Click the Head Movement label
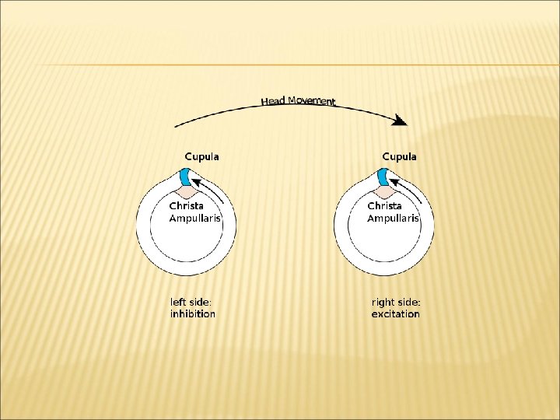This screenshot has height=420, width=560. (x=299, y=100)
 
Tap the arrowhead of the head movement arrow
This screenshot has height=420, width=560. (x=401, y=121)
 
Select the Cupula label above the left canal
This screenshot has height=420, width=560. (x=201, y=156)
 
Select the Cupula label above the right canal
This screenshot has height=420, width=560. (x=399, y=156)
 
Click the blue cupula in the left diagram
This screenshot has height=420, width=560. (x=187, y=177)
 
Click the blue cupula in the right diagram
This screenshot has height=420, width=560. (x=384, y=177)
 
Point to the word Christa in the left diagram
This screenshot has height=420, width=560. (x=187, y=206)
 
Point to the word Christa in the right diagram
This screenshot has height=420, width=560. (x=384, y=206)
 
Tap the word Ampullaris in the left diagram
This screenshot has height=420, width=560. (x=195, y=219)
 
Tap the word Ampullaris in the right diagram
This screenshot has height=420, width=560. (x=393, y=219)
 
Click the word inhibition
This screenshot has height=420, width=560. (x=193, y=314)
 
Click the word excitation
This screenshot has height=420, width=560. (x=395, y=314)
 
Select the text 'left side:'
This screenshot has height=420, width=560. (x=191, y=302)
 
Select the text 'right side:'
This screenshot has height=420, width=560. (x=395, y=302)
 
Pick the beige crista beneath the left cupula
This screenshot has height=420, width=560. (x=187, y=191)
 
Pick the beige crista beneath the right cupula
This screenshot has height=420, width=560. (x=385, y=191)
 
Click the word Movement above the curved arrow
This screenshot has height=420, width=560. (x=311, y=100)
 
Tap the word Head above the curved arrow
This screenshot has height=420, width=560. (x=272, y=101)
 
